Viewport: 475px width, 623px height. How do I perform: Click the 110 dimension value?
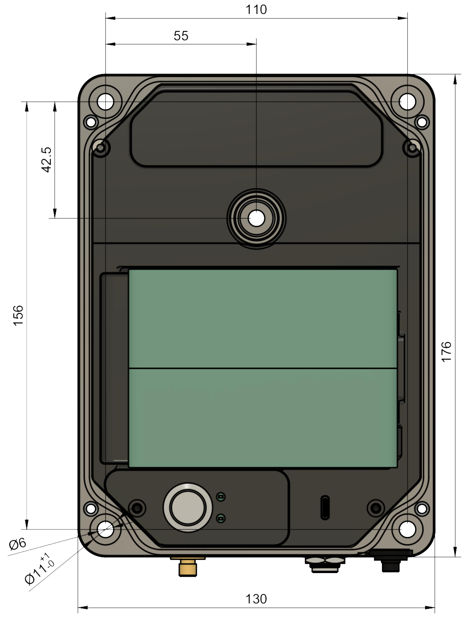256,10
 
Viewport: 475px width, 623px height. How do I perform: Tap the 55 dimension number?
181,36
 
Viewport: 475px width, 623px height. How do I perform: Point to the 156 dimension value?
18,315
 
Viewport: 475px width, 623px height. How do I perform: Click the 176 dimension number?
446,352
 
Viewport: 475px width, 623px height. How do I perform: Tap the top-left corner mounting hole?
105,102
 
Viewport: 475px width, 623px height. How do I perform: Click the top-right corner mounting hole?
407,102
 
